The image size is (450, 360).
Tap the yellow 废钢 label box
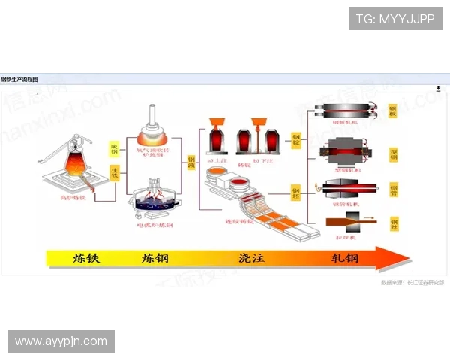(x=114, y=148)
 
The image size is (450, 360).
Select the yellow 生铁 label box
(x=114, y=174)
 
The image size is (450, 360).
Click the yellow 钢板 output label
(x=394, y=112)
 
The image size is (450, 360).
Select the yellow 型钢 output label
(x=394, y=154)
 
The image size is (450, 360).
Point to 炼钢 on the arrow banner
(x=154, y=259)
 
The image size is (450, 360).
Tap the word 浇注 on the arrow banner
(x=252, y=259)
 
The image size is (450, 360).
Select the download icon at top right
(x=438, y=88)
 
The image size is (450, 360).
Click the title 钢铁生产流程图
(x=19, y=79)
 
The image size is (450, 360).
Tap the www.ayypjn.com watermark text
(x=61, y=341)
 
